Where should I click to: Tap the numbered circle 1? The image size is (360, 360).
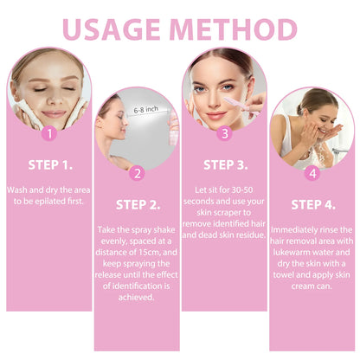click(48, 134)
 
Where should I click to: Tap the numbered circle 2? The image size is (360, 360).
click(136, 173)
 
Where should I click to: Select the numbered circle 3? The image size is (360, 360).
click(224, 134)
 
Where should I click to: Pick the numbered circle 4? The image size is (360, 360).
click(312, 173)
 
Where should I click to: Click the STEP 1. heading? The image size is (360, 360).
click(48, 163)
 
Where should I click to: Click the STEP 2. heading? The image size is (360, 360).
click(136, 204)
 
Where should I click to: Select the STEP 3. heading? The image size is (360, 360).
click(224, 163)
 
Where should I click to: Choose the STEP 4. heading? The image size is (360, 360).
click(312, 204)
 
